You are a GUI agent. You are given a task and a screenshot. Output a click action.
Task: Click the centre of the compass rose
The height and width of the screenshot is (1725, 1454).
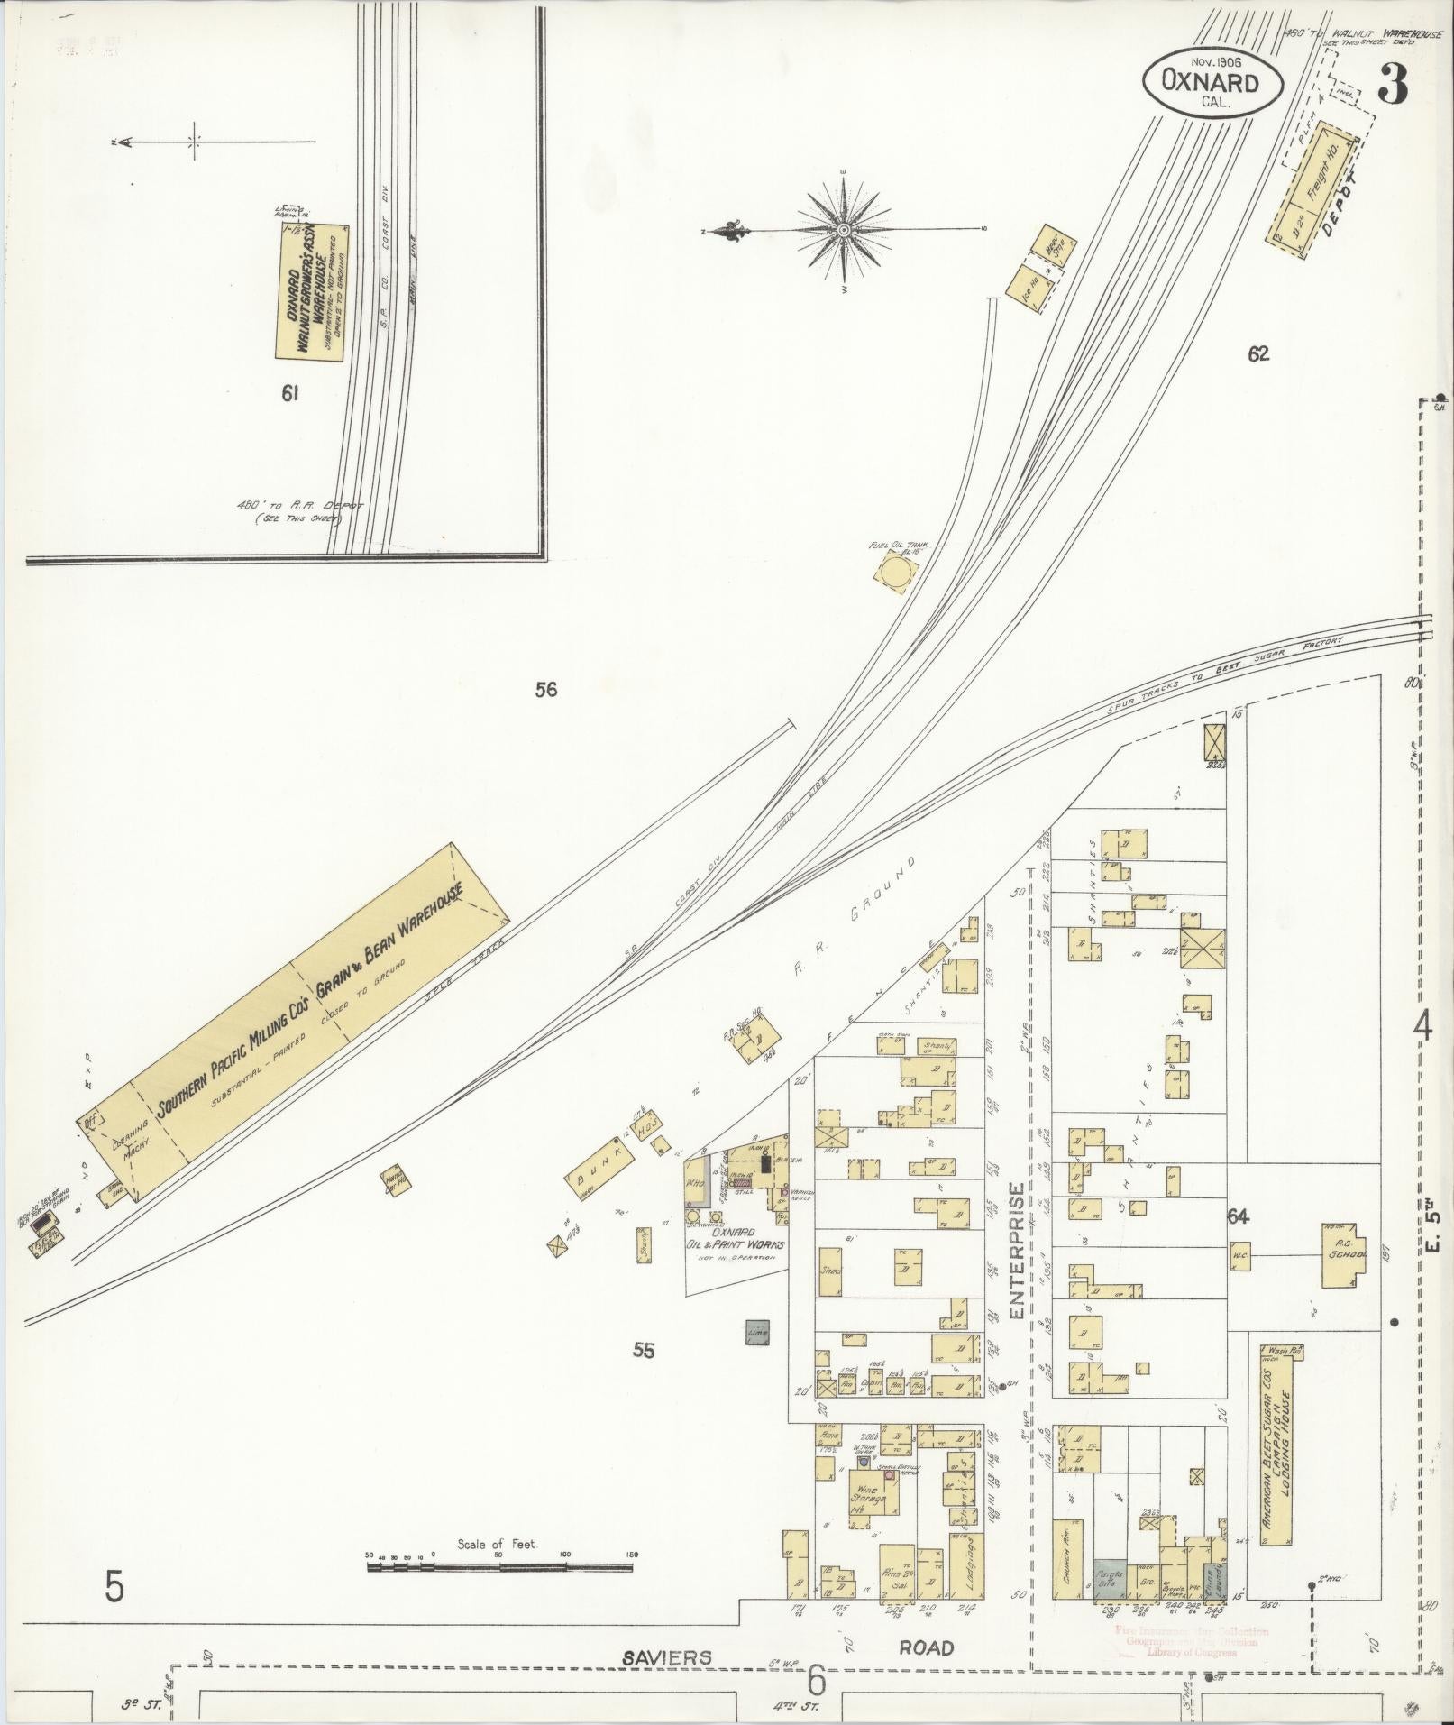point(844,230)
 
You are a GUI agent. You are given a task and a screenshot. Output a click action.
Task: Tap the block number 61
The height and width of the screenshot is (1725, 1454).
point(289,392)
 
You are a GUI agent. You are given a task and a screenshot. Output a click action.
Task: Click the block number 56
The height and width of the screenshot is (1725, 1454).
point(545,690)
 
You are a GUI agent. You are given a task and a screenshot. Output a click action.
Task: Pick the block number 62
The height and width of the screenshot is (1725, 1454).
point(1258,354)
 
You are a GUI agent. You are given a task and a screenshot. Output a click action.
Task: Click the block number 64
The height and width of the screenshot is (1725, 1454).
point(1238,1216)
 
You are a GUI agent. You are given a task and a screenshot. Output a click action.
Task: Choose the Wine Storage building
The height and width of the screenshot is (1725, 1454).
point(869,1498)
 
